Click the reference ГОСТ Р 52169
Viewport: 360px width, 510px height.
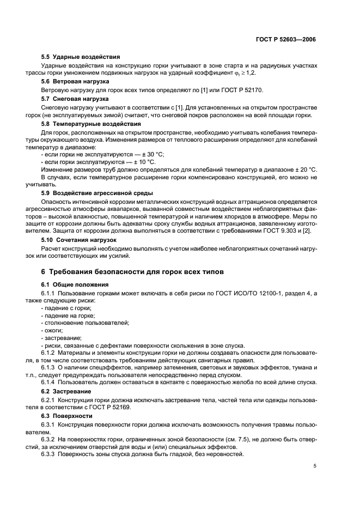[120, 407]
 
